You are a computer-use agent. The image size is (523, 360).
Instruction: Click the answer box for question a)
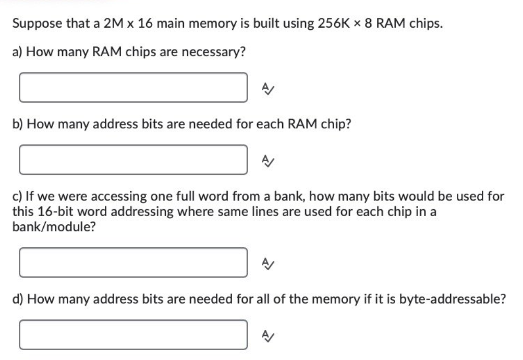pos(133,88)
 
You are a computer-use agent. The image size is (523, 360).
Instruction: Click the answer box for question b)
pos(133,160)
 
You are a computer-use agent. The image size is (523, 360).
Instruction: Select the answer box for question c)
pos(133,262)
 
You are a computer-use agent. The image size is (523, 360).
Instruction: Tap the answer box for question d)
pos(133,334)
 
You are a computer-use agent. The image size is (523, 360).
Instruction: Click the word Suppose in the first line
pos(34,23)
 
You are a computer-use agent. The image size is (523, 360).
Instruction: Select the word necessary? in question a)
pos(218,53)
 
